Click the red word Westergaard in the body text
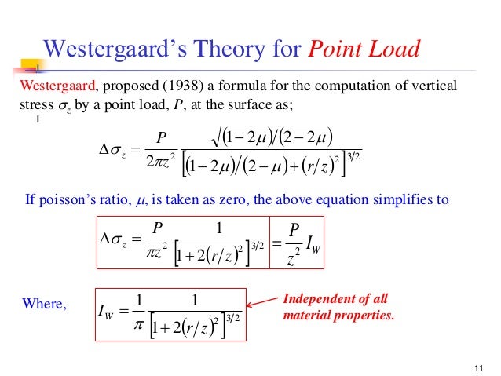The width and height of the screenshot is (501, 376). point(57,85)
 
